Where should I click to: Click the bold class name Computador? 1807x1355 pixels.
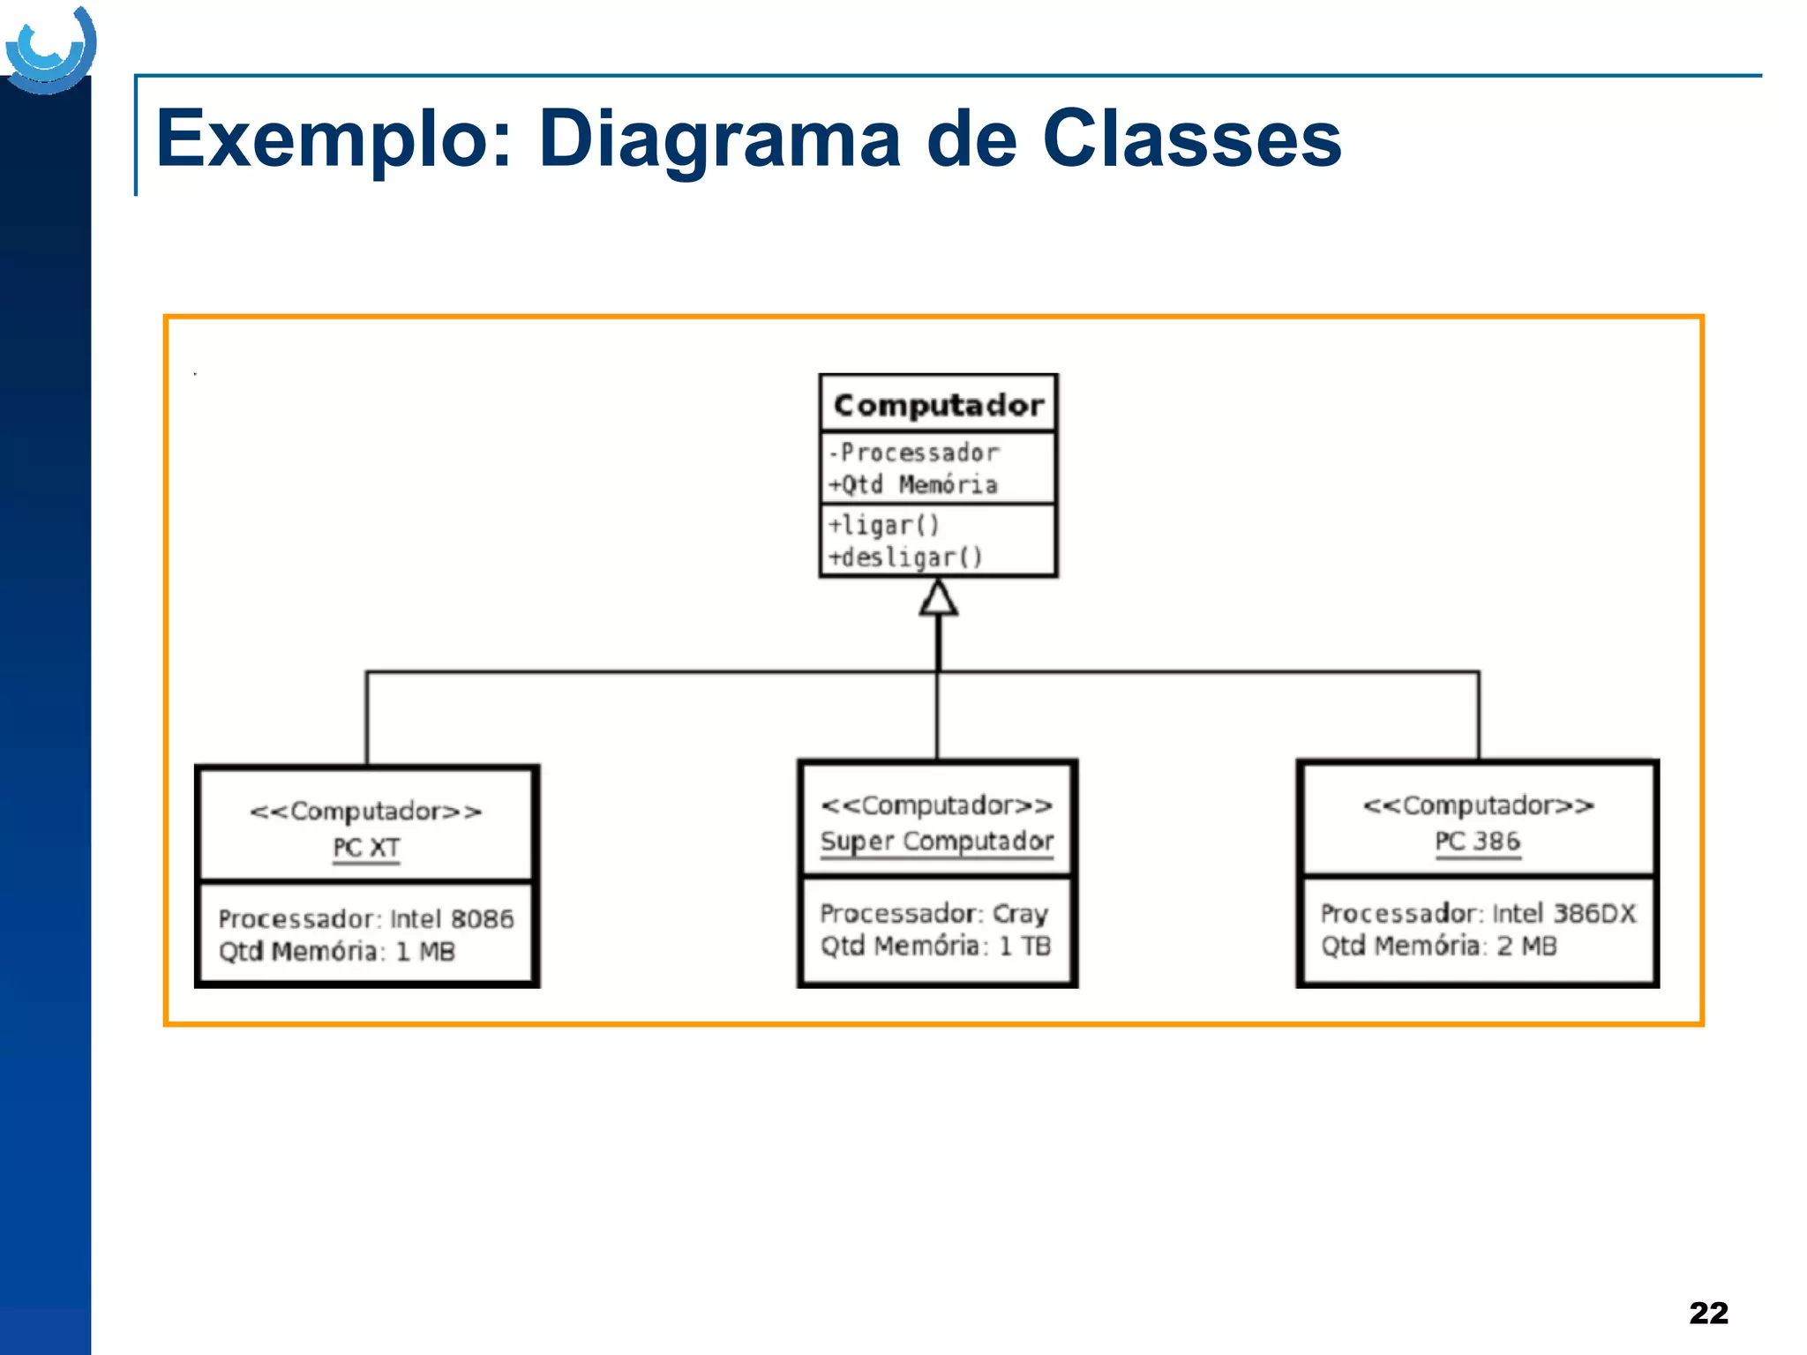(938, 405)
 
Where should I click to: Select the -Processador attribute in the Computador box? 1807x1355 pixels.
(914, 453)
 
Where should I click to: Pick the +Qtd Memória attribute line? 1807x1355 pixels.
(912, 484)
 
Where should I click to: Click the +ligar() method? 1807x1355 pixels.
(883, 525)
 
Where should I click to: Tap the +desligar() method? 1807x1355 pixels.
(904, 558)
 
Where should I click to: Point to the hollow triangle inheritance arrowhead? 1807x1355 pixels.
(938, 598)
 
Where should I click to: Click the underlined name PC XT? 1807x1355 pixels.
(366, 848)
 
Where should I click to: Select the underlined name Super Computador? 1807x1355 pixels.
(937, 842)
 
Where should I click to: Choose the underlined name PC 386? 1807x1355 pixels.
(1478, 842)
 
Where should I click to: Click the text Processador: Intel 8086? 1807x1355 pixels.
(365, 919)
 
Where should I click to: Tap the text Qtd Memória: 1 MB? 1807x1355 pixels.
(336, 952)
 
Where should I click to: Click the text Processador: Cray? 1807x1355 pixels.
(933, 914)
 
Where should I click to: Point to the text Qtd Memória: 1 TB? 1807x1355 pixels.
(935, 947)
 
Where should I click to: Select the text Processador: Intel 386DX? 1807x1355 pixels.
(1478, 914)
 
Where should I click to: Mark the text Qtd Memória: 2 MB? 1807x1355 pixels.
(1438, 947)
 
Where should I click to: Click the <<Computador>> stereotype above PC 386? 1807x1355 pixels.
(1478, 805)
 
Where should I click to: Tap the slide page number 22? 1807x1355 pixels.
(1708, 1313)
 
